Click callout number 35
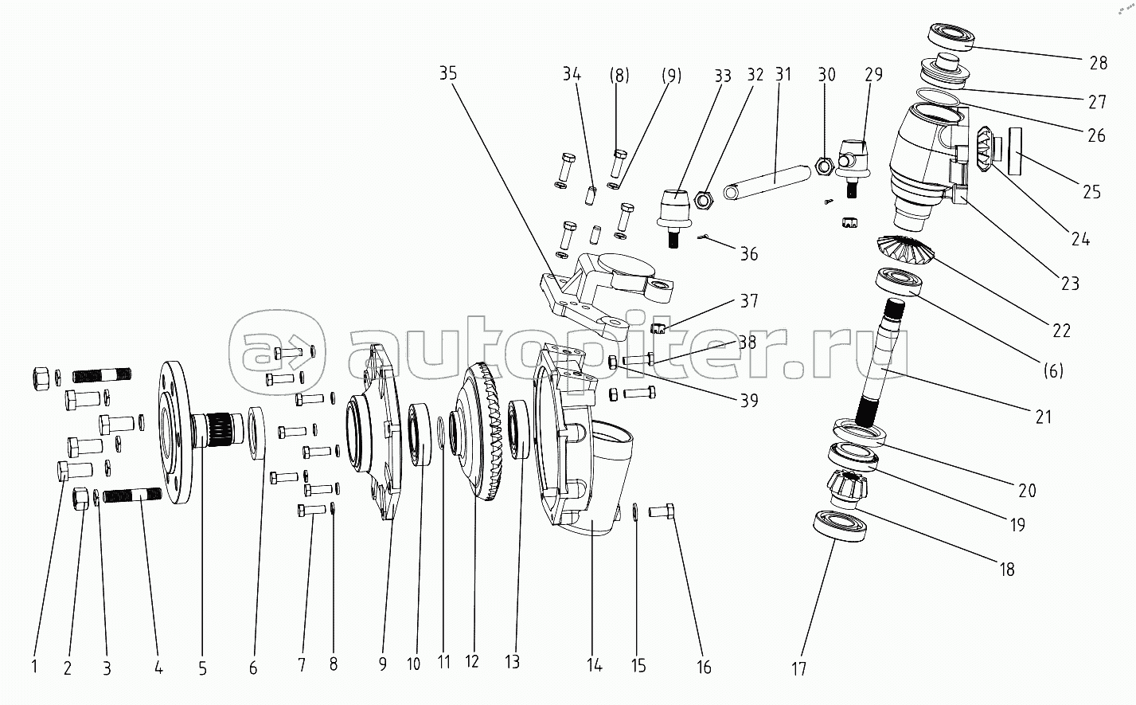click(448, 74)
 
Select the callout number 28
click(1099, 63)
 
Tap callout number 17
click(798, 668)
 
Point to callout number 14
click(594, 665)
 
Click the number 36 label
click(748, 254)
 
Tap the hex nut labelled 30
click(824, 167)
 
